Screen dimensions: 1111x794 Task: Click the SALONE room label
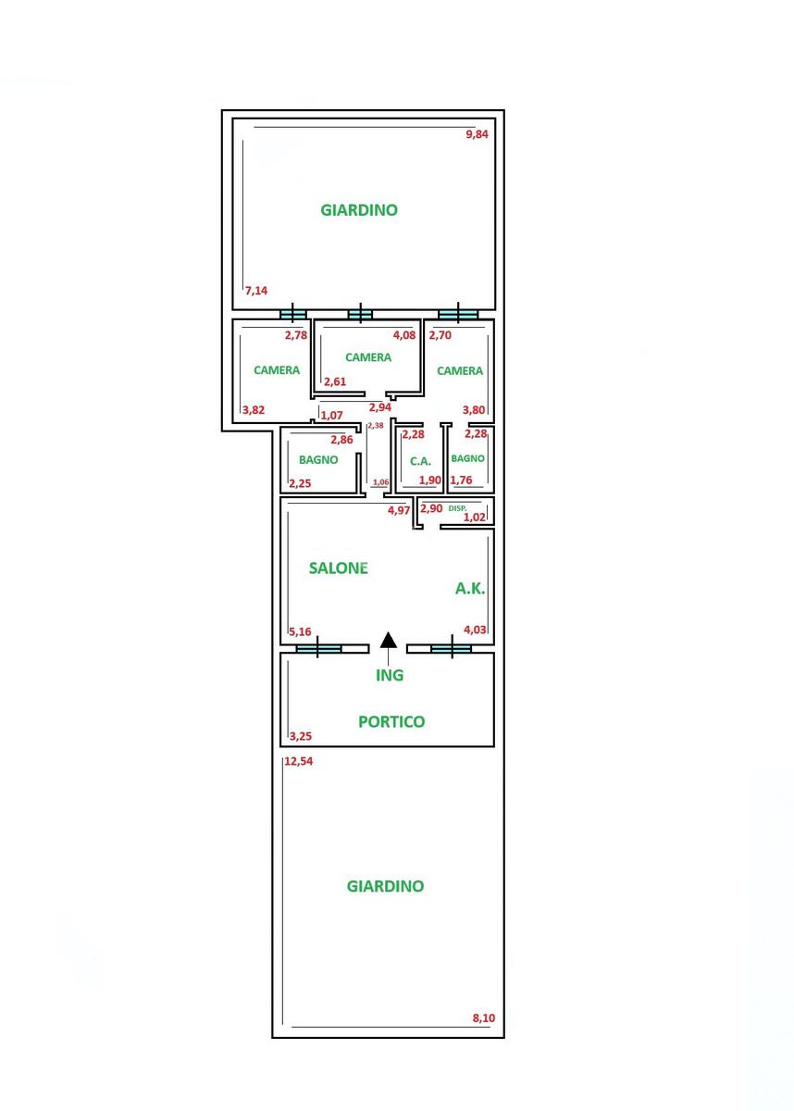click(338, 568)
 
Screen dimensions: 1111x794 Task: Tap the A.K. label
click(470, 588)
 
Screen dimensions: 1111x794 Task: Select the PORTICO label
click(391, 722)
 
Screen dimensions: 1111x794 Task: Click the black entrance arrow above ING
click(390, 640)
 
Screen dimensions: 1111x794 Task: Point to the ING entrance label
click(390, 675)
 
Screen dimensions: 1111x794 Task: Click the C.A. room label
click(421, 460)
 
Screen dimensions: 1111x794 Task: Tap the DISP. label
click(457, 508)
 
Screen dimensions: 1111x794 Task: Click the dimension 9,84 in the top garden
click(477, 134)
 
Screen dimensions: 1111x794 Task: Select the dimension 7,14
click(256, 291)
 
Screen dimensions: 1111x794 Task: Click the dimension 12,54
click(299, 762)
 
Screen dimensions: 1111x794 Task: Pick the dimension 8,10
click(484, 1018)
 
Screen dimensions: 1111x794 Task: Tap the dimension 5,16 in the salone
click(301, 632)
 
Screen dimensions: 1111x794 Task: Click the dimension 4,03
click(475, 630)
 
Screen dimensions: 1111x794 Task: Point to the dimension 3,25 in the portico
click(301, 737)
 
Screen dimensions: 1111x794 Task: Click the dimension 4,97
click(399, 510)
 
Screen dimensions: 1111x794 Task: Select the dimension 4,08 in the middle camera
click(404, 335)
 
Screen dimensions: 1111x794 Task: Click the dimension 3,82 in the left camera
click(253, 409)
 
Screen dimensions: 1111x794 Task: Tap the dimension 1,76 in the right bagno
click(461, 480)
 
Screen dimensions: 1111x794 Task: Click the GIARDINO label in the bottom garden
click(385, 886)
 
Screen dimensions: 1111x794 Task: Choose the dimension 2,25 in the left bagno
click(300, 482)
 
